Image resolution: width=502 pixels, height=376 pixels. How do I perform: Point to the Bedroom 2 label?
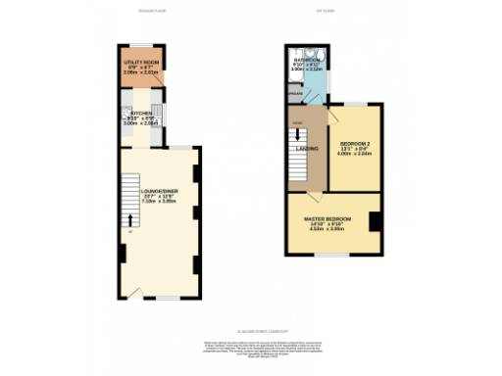(350, 142)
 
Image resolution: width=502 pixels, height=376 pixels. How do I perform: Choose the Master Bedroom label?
(327, 217)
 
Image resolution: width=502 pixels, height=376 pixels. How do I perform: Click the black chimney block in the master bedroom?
(375, 221)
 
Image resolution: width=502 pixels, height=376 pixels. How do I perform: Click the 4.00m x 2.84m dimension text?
(350, 154)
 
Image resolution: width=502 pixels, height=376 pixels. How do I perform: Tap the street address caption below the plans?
(250, 331)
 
